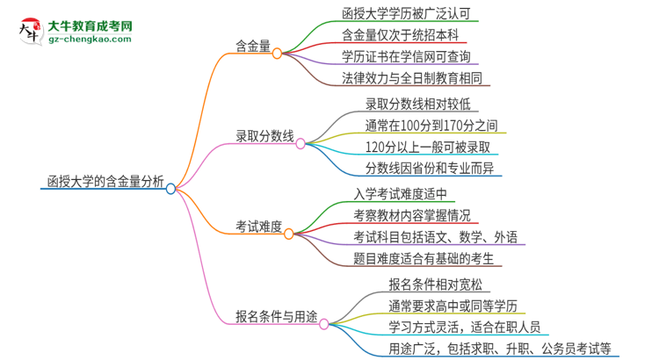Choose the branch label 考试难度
point(258,227)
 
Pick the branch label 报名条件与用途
point(276,318)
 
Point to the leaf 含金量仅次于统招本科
point(401,35)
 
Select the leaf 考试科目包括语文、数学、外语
point(436,237)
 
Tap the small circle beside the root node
point(170,187)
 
